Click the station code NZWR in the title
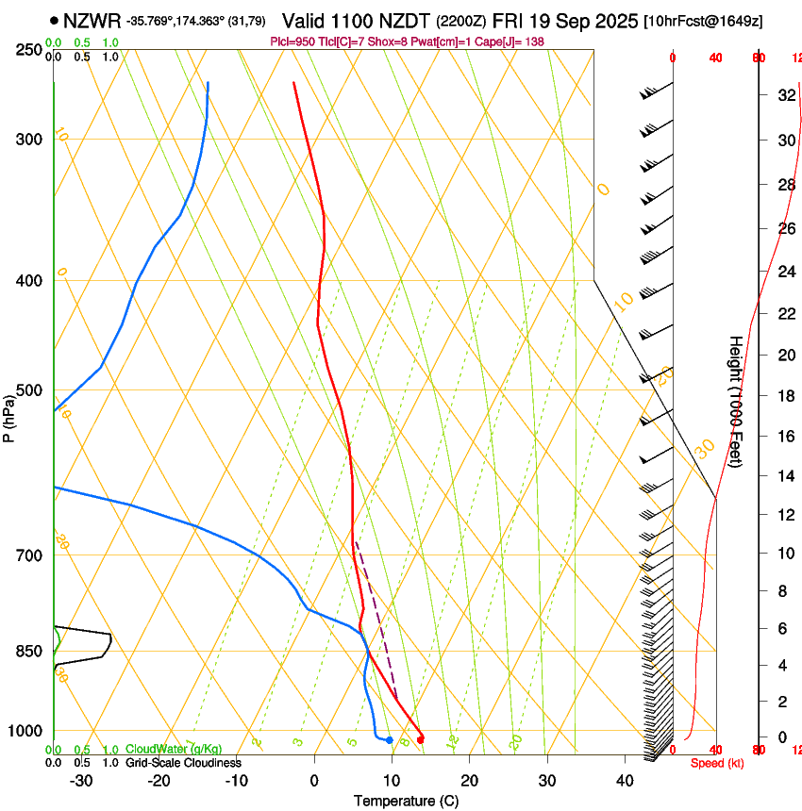[x=92, y=19]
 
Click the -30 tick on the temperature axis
[x=81, y=781]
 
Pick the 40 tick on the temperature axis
[x=625, y=781]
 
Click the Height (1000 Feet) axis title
[x=736, y=402]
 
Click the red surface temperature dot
[x=420, y=739]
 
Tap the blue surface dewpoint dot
[x=389, y=739]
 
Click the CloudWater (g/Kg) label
[x=174, y=749]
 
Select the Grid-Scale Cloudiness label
[x=184, y=762]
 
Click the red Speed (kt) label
[x=717, y=763]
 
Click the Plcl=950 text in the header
[x=292, y=42]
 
